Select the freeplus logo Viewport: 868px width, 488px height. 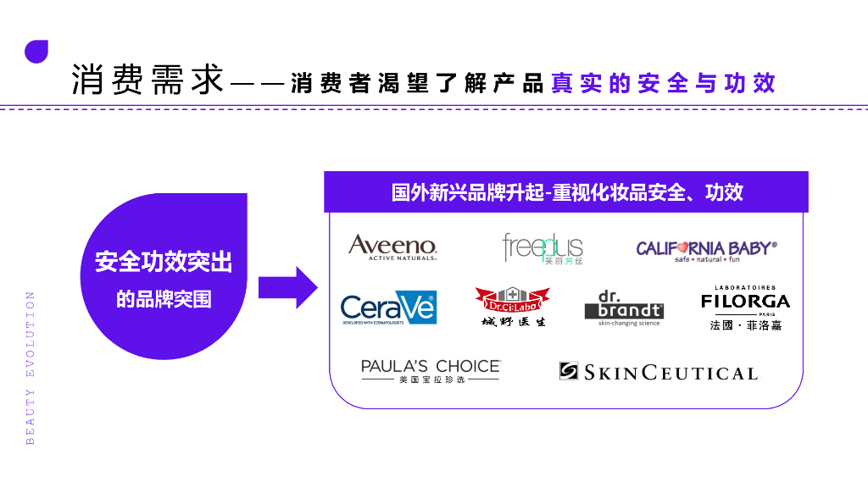click(x=542, y=247)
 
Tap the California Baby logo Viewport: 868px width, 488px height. click(x=706, y=250)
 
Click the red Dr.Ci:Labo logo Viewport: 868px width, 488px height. click(x=512, y=299)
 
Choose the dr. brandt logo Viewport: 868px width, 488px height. click(x=624, y=307)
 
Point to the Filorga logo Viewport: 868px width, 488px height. click(x=745, y=301)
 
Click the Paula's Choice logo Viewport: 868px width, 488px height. click(x=431, y=370)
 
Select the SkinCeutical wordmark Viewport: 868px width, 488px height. click(x=670, y=373)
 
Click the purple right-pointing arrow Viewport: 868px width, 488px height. click(x=287, y=287)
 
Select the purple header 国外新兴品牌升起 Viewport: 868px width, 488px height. click(x=566, y=192)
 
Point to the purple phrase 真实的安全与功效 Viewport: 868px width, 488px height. click(x=663, y=83)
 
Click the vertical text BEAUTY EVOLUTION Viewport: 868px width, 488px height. click(x=31, y=368)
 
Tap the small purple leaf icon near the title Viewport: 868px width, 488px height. click(x=36, y=51)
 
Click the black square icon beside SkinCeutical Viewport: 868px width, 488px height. click(x=568, y=372)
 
